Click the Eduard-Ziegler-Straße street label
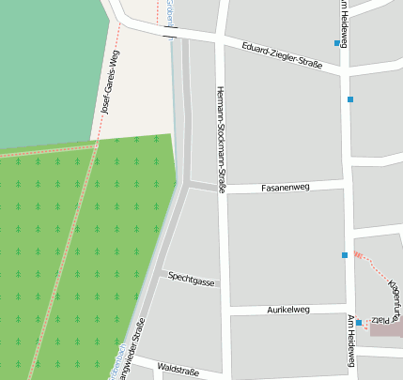click(282, 56)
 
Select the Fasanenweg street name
click(285, 187)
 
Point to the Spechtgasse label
click(191, 279)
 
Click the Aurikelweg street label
click(288, 309)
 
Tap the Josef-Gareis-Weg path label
click(111, 87)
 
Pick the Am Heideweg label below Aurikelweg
click(349, 341)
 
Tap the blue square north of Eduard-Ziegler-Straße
click(336, 43)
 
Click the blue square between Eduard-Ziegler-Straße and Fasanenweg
click(350, 99)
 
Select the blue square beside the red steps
click(345, 255)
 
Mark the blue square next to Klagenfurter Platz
click(359, 323)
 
